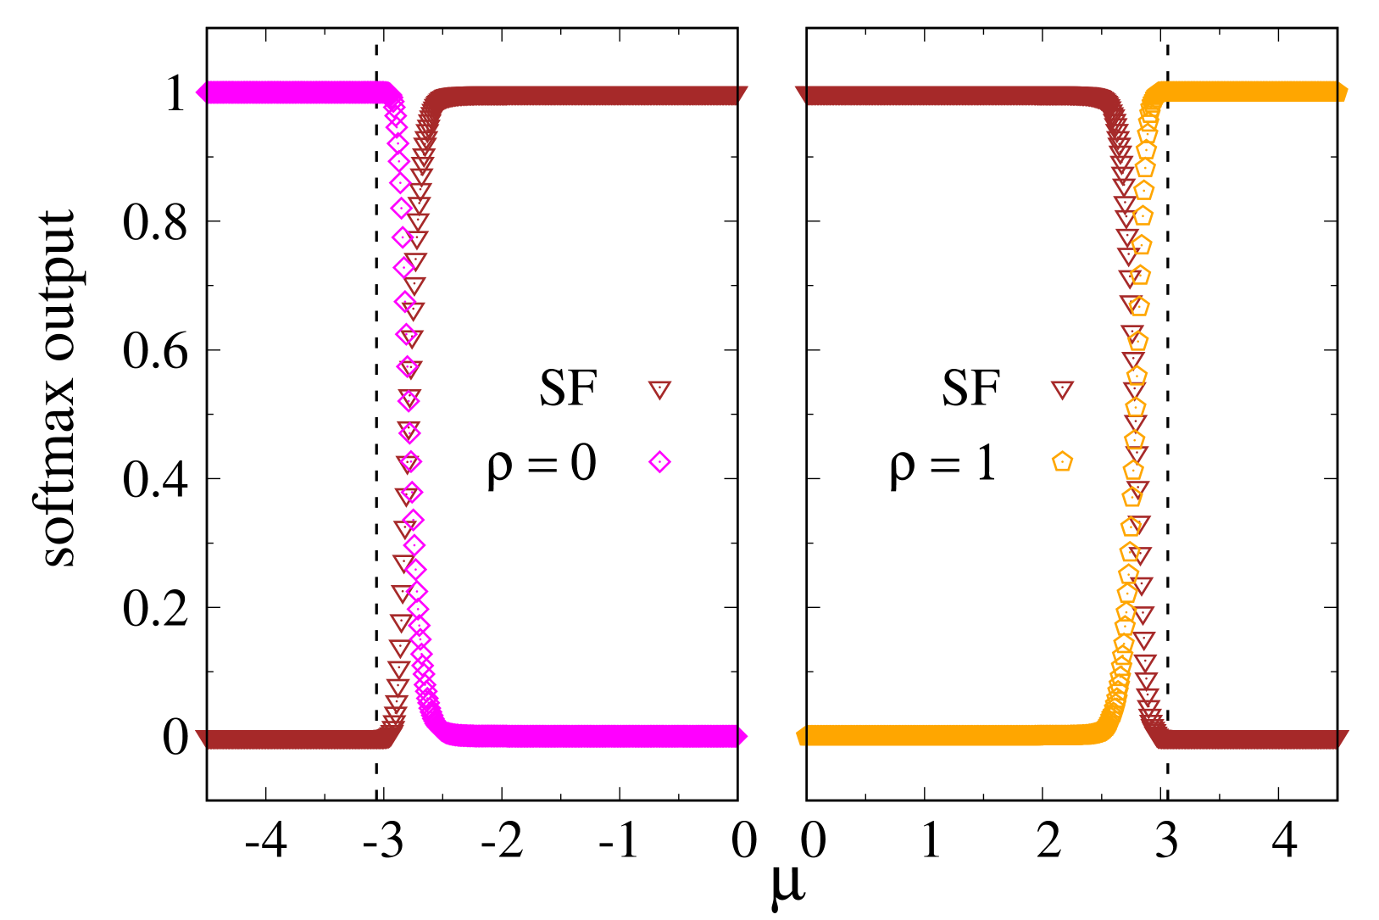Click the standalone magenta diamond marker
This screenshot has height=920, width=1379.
point(659,462)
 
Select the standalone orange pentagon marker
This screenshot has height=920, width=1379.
point(1062,461)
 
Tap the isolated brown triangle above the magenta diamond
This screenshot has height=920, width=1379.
point(659,389)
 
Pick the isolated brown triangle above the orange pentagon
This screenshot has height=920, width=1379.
point(1062,389)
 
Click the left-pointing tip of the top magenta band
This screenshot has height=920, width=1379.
point(198,92)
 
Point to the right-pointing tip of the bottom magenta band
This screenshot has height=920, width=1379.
point(745,737)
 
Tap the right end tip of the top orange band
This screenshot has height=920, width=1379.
point(1345,92)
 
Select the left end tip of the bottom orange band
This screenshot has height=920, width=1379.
point(798,735)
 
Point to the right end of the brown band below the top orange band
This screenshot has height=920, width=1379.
point(1345,739)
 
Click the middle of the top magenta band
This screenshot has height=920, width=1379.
point(297,92)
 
